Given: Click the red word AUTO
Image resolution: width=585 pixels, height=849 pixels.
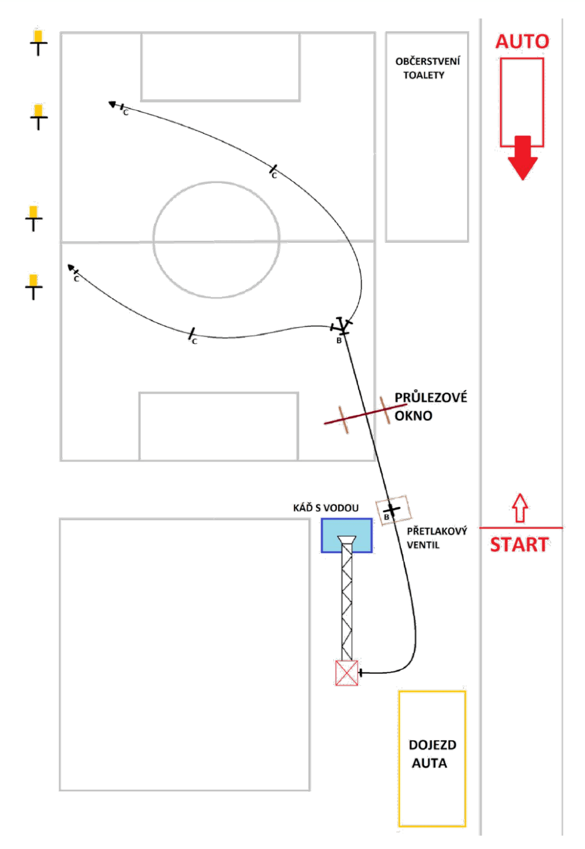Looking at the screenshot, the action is click(x=522, y=41).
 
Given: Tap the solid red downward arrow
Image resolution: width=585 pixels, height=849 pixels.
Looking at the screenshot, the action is click(x=522, y=157).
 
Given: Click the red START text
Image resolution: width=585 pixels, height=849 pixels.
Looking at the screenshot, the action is click(x=519, y=545).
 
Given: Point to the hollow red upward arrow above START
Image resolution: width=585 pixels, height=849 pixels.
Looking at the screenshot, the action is click(x=520, y=507).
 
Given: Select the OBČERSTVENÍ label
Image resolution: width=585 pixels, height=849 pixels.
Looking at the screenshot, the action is click(x=427, y=61).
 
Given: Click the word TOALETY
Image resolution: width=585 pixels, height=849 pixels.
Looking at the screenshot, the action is click(x=424, y=75).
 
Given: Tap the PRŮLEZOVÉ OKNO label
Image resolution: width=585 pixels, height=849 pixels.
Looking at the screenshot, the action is click(x=431, y=406).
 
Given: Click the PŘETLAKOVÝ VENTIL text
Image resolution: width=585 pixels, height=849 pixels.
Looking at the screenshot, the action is click(x=437, y=538).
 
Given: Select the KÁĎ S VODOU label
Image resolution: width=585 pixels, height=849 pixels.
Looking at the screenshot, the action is click(x=325, y=508).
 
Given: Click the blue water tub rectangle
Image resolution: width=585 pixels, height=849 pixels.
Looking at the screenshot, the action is click(x=347, y=535).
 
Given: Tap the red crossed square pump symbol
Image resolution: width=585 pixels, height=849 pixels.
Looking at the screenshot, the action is click(x=347, y=673).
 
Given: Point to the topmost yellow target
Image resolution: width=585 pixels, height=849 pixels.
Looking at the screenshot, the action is click(x=38, y=42).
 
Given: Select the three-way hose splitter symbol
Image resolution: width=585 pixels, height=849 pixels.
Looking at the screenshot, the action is click(x=341, y=326).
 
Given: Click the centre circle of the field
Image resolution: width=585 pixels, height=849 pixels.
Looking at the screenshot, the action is click(x=216, y=183).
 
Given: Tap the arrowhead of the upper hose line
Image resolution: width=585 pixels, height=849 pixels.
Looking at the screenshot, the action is click(x=112, y=103).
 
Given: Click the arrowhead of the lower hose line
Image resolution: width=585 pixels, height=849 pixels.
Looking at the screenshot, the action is click(x=71, y=268).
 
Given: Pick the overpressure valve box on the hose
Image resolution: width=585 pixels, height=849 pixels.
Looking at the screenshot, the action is click(x=393, y=510).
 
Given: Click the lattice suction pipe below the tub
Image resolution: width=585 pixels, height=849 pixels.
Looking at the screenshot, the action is click(x=347, y=599).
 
